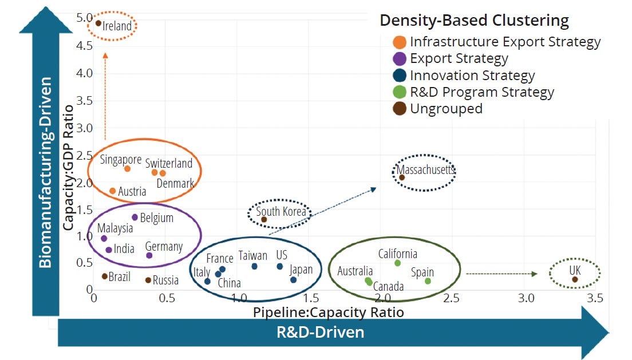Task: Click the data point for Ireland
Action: click(98, 23)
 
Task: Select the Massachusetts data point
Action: click(402, 177)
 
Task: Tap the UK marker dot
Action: click(575, 279)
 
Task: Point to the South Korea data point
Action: click(264, 219)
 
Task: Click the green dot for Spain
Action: click(428, 281)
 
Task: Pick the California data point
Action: click(397, 263)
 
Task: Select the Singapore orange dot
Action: click(127, 169)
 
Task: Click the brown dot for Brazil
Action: click(105, 276)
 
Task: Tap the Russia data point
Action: click(148, 280)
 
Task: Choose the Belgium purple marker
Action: click(135, 217)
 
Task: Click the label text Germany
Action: click(164, 247)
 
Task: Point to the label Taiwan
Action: click(253, 256)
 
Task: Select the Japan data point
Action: click(293, 280)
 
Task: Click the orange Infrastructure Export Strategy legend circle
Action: click(400, 42)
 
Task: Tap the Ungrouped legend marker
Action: click(400, 109)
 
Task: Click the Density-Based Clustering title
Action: click(474, 21)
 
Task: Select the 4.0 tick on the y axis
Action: click(85, 73)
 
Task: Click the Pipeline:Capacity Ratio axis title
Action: click(329, 312)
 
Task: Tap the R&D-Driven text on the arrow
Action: click(321, 332)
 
